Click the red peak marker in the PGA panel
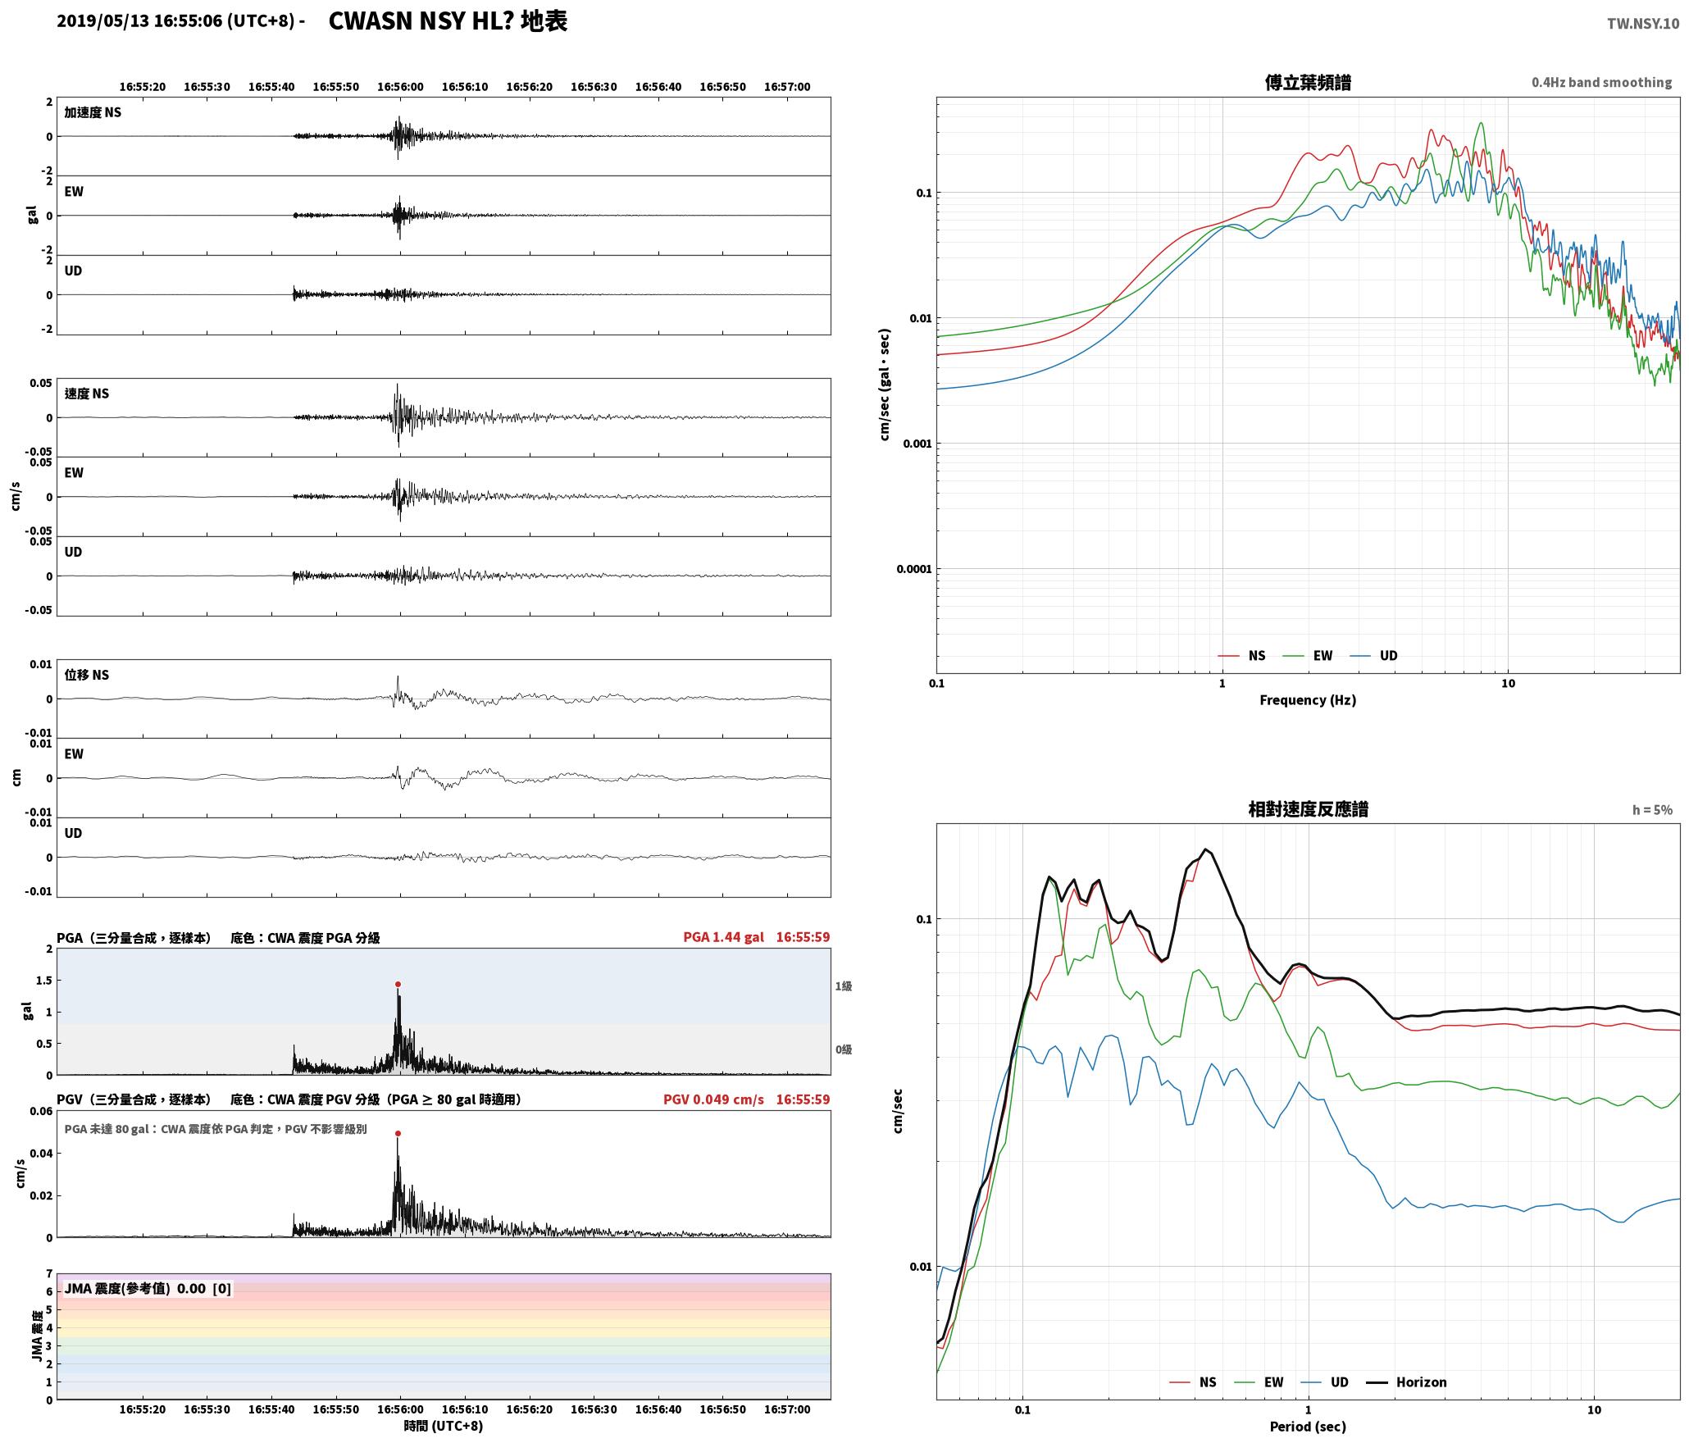398,984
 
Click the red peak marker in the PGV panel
398,1133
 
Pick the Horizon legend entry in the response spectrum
1407,1382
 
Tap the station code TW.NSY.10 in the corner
1643,24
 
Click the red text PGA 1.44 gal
723,936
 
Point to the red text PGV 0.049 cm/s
713,1099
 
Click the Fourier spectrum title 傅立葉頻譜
1308,82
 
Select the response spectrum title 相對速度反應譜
1308,808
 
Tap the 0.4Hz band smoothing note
1601,82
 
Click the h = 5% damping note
1652,809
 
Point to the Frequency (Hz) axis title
1308,699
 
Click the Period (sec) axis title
1308,1426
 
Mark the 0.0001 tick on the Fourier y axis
914,569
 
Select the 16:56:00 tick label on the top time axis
400,86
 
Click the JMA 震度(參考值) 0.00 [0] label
148,1288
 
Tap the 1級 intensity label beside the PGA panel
844,986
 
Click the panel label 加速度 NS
93,112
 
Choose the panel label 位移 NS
86,674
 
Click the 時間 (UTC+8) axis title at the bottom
443,1425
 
